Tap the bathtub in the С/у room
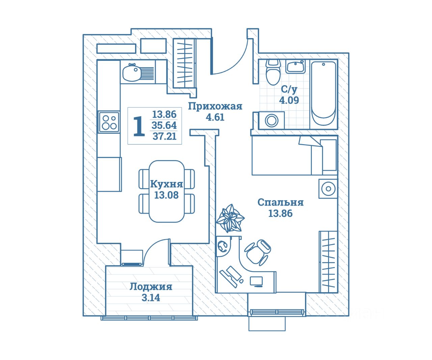click(x=323, y=94)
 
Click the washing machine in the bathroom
click(x=271, y=121)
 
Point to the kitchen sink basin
click(x=132, y=73)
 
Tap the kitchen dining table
click(x=167, y=191)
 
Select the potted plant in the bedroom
click(x=230, y=218)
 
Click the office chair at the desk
click(x=258, y=251)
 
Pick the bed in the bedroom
click(x=294, y=155)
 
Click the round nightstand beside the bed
click(x=328, y=188)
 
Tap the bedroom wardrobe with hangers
click(x=328, y=261)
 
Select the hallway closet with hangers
click(x=184, y=63)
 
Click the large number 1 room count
click(x=139, y=126)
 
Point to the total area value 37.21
click(x=164, y=136)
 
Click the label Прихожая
click(x=215, y=106)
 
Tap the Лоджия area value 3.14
click(x=151, y=298)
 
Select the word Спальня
click(x=280, y=203)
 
